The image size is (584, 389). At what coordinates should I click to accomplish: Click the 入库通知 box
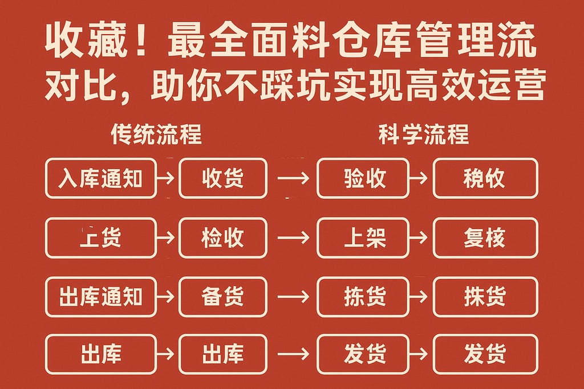coord(100,178)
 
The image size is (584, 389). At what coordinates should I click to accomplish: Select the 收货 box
coord(222,178)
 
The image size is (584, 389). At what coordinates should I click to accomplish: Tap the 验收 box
coord(363,178)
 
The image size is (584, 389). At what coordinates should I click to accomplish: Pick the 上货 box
coord(100,238)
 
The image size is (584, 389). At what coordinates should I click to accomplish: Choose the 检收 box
coord(222,238)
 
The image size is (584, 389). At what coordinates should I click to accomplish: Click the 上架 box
coord(363,238)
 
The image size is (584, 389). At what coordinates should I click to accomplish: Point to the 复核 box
coord(485,238)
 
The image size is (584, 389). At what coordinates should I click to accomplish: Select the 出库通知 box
coord(100,297)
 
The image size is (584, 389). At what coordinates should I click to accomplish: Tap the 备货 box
coord(222,297)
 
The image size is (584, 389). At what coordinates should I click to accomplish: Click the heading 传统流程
coord(156,135)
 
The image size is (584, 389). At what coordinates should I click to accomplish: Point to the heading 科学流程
coord(424,135)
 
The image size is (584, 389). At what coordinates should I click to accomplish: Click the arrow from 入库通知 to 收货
coord(167,178)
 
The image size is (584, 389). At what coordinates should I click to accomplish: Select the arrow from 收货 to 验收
coord(293,178)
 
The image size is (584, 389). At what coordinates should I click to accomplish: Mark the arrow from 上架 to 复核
coord(420,238)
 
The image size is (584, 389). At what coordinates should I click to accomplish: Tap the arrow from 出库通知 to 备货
coord(167,297)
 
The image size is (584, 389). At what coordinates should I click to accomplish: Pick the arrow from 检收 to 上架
coord(293,238)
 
